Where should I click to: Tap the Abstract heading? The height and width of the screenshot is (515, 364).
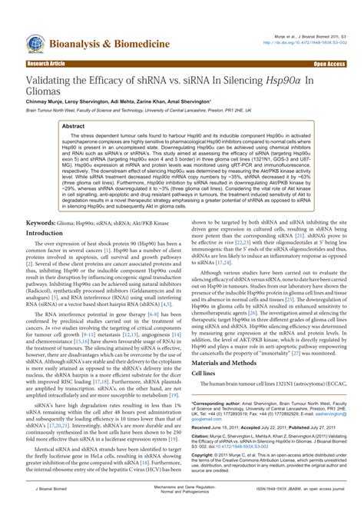pyautogui.click(x=74, y=125)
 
